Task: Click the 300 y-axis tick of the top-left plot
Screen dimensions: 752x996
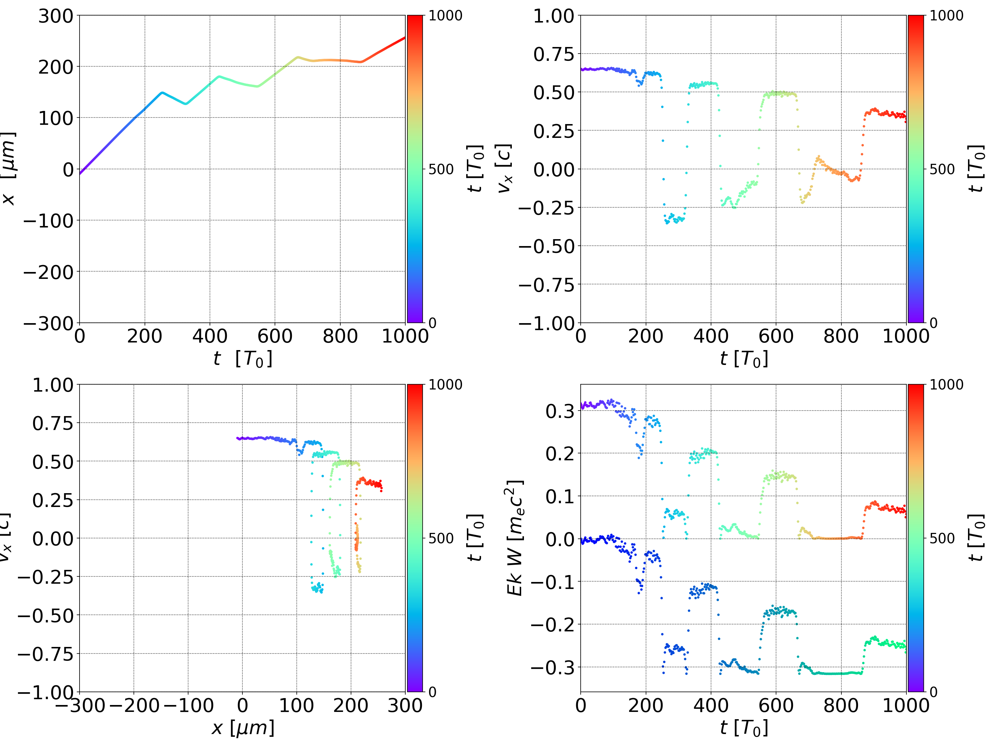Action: coord(55,16)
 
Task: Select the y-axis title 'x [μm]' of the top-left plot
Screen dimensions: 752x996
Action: coord(9,169)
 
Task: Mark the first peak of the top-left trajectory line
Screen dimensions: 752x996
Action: coord(162,93)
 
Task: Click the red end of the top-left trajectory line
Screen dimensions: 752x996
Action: coord(404,38)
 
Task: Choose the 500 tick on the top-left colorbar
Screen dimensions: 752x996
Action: coord(441,170)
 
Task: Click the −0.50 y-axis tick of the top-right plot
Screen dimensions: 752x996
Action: coord(547,247)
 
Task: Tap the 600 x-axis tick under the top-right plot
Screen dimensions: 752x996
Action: coord(775,336)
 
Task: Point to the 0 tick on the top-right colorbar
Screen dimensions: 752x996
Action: coord(933,323)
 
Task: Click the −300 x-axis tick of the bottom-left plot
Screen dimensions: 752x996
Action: coord(80,705)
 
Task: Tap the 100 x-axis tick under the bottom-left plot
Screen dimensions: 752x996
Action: coord(296,705)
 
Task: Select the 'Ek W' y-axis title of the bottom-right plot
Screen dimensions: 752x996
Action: coord(515,538)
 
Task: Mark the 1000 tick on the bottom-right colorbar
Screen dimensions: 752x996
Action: coord(947,385)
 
